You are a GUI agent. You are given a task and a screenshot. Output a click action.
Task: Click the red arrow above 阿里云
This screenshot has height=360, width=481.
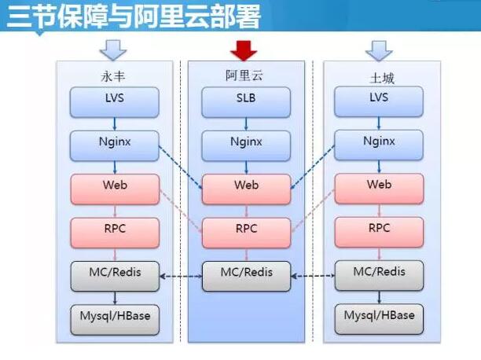click(x=244, y=50)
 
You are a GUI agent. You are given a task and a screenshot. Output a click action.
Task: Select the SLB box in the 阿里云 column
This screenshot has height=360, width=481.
click(x=246, y=102)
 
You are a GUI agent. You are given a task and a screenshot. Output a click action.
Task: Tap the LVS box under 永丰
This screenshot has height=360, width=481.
click(x=115, y=102)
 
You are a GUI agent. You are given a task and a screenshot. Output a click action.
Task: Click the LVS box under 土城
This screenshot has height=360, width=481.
click(x=379, y=101)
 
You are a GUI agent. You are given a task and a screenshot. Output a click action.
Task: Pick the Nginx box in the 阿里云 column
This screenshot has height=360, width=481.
click(x=246, y=145)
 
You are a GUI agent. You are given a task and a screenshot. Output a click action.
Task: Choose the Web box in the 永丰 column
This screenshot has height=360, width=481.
click(x=115, y=189)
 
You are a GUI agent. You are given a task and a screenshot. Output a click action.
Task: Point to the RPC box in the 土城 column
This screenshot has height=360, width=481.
click(x=379, y=233)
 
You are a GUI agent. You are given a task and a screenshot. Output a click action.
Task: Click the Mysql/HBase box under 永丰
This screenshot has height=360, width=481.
click(x=115, y=320)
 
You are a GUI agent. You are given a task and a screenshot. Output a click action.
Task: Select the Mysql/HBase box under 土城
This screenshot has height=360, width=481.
click(x=379, y=319)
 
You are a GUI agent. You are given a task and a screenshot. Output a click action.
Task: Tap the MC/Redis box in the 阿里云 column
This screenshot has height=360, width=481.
click(x=246, y=276)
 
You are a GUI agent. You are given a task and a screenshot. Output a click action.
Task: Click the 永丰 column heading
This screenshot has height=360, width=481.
click(x=113, y=76)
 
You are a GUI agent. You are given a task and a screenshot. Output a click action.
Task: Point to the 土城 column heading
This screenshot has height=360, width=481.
click(x=382, y=79)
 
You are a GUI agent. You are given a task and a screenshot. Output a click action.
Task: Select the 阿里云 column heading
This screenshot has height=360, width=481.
click(x=244, y=75)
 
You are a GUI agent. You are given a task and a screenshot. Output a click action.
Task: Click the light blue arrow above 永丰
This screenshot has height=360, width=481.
click(x=113, y=50)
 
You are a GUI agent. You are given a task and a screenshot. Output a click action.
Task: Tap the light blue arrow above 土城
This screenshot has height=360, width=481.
click(x=379, y=51)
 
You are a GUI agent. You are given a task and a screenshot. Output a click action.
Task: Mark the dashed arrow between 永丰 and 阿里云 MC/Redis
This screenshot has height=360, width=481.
click(x=181, y=277)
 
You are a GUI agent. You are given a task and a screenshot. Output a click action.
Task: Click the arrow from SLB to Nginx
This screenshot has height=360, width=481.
click(x=246, y=124)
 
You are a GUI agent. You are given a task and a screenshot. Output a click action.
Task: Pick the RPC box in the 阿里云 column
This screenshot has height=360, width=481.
click(x=246, y=233)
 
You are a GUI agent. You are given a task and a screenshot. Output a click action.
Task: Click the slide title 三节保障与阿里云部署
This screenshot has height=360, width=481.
click(x=134, y=16)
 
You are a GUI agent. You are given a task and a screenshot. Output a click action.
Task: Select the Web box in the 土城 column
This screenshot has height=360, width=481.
click(x=379, y=189)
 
